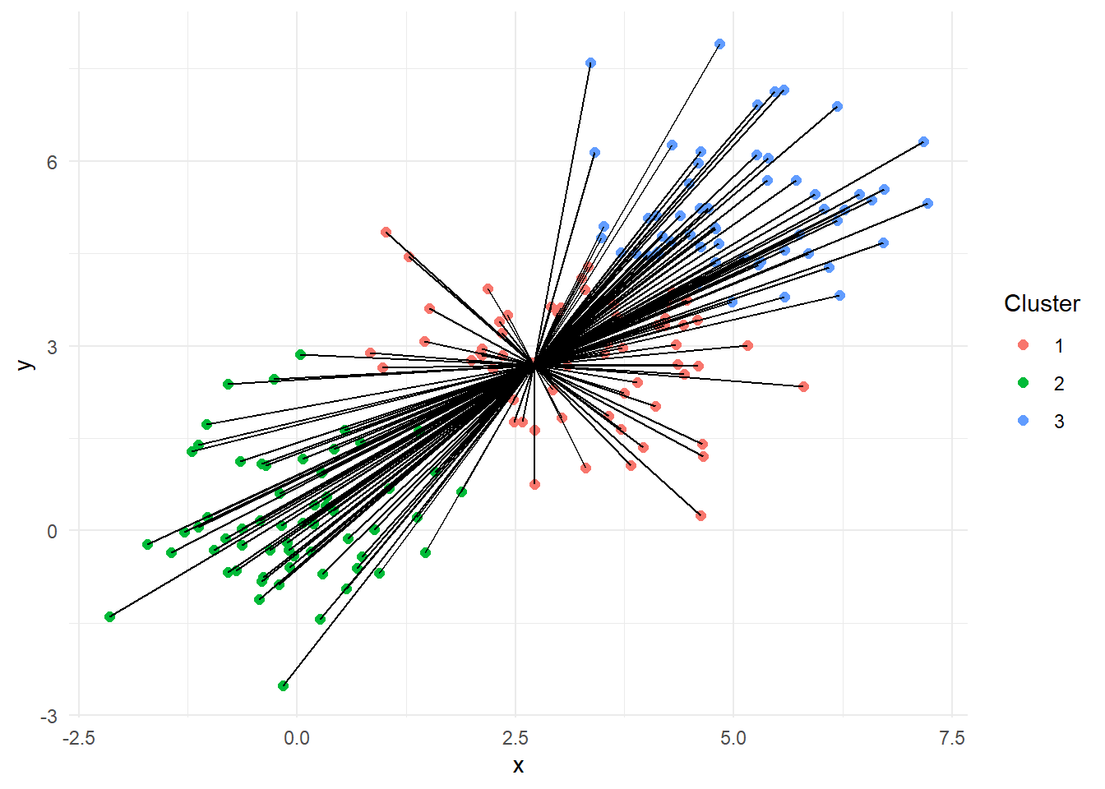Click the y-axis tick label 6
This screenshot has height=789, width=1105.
[52, 162]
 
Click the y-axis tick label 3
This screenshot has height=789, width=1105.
[52, 347]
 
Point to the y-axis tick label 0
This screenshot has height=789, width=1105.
[52, 532]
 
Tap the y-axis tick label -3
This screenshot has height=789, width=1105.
[49, 717]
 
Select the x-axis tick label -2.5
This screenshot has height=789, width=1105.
[78, 738]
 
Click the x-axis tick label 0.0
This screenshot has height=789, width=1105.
[296, 738]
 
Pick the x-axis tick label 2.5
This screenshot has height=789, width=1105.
[515, 738]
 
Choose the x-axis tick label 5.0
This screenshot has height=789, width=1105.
[733, 738]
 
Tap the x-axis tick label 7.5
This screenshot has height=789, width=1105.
[951, 738]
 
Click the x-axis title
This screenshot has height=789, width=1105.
[518, 766]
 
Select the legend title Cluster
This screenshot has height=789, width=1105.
[1042, 303]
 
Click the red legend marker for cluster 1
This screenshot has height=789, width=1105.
[1023, 345]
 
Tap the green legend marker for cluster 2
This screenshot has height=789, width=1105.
[1023, 383]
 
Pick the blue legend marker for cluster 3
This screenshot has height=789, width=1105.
[1023, 421]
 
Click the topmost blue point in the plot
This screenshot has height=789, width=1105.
[719, 44]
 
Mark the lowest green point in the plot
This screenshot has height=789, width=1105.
[283, 685]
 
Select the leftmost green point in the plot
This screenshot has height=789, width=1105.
[109, 616]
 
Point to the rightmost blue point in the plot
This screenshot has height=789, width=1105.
[927, 203]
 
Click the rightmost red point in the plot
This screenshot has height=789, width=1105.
[803, 386]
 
